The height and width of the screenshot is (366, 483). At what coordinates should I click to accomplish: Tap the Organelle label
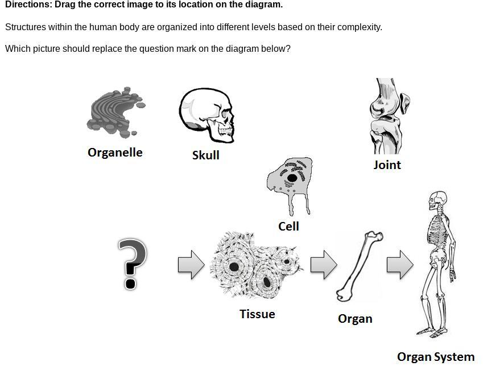click(115, 153)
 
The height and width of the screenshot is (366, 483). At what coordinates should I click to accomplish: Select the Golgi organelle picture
click(115, 113)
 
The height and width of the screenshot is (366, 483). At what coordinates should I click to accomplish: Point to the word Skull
click(205, 155)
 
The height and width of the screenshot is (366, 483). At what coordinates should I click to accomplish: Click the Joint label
click(387, 165)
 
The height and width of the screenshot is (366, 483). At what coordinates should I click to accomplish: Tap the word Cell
click(288, 227)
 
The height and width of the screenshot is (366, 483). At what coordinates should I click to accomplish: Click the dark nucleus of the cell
click(292, 178)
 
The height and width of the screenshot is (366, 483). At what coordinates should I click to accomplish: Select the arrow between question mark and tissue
click(191, 265)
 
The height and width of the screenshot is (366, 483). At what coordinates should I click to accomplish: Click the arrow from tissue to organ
click(324, 265)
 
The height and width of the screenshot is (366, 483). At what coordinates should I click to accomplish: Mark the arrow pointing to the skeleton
click(400, 265)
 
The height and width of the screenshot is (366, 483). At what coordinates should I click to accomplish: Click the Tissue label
click(257, 314)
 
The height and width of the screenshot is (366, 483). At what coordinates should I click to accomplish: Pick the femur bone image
click(359, 266)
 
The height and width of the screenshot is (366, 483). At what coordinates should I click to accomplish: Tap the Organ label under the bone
click(355, 319)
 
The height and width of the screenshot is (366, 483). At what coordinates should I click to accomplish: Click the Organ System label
click(435, 357)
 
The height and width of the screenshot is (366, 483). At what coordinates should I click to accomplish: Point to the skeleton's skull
click(436, 201)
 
